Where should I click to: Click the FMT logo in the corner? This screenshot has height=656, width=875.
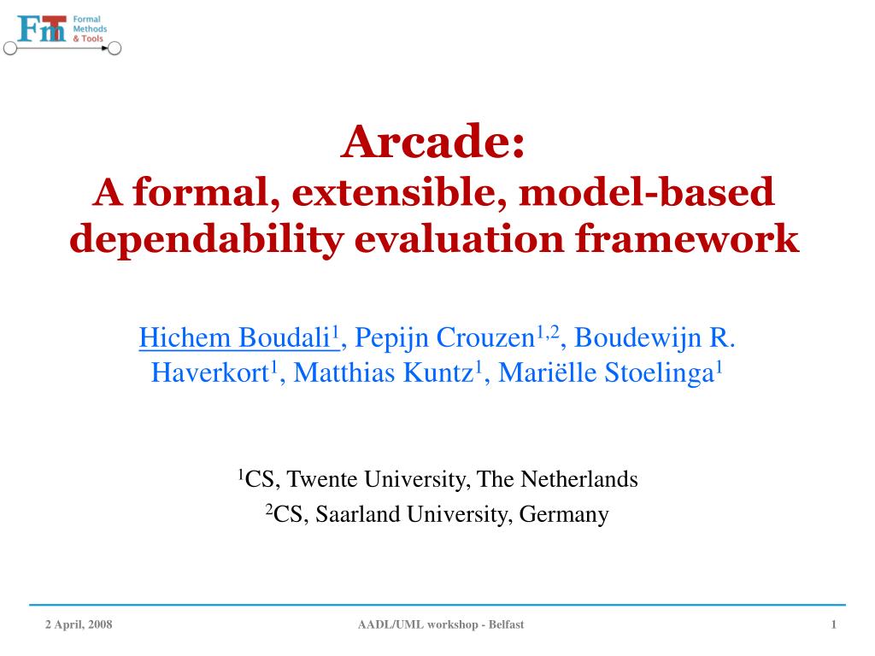62,32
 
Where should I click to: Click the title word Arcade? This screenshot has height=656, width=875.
432,142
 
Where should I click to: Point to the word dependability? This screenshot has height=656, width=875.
206,239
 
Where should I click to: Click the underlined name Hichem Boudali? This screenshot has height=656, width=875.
237,338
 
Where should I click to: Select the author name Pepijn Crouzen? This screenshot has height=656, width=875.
443,338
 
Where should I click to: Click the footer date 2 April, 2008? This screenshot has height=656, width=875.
79,625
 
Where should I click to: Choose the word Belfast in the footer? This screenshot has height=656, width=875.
506,625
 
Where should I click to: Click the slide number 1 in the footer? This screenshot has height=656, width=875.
833,625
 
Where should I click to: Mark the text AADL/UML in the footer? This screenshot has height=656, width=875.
385,625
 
